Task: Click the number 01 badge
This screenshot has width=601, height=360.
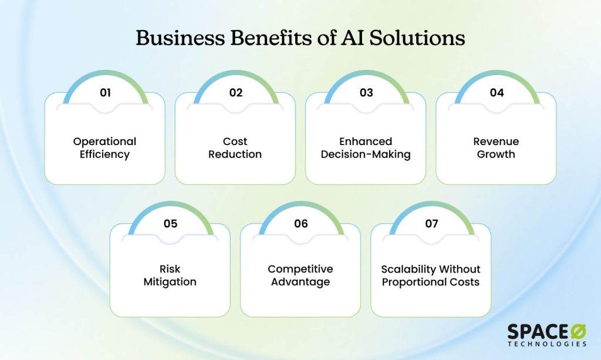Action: pos(104,93)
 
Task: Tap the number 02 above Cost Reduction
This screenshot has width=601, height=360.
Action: pos(235,93)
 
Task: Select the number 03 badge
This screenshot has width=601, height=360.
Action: pos(366,93)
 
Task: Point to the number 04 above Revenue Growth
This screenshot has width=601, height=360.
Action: pos(497,93)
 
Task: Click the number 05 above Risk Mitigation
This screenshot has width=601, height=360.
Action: pos(170,224)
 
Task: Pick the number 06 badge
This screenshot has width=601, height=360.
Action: pos(300,224)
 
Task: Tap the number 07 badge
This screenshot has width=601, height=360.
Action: pos(431,224)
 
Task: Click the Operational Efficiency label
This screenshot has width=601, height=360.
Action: pos(104,148)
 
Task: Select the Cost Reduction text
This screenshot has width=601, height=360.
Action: pos(235,148)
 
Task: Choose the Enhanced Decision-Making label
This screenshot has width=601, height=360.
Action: pos(366,148)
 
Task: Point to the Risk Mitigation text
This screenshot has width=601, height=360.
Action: pos(170,275)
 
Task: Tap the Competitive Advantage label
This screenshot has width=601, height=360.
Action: pos(300,275)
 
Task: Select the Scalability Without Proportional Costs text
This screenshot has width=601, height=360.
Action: pos(431,275)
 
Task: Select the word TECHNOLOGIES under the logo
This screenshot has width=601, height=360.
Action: pos(546,344)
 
